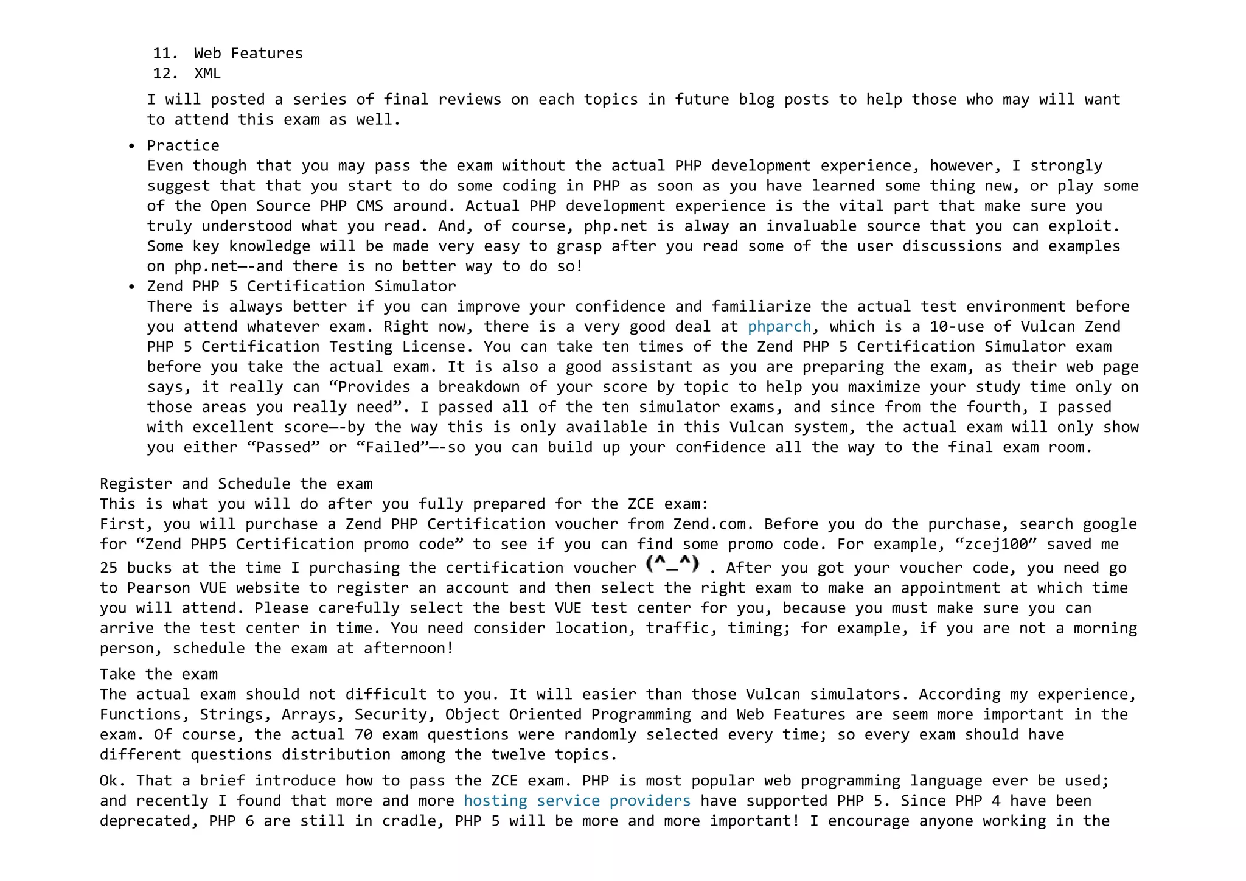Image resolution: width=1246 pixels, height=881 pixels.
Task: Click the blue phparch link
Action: tap(779, 327)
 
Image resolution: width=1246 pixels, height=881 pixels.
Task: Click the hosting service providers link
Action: tap(577, 801)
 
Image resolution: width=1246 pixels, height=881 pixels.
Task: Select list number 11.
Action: tap(164, 54)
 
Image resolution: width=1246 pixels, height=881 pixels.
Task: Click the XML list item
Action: tap(207, 74)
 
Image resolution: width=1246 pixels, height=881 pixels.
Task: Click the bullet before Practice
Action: tap(131, 146)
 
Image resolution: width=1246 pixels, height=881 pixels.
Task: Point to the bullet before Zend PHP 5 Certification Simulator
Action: tap(131, 287)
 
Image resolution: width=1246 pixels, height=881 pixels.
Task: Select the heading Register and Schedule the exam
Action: tap(236, 484)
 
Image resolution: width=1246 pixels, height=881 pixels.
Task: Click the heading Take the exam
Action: tap(159, 674)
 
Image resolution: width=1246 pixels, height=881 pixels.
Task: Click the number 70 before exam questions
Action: tap(363, 734)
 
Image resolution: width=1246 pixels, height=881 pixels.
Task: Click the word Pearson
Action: tap(159, 588)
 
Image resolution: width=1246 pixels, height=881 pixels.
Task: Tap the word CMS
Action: tap(369, 206)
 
